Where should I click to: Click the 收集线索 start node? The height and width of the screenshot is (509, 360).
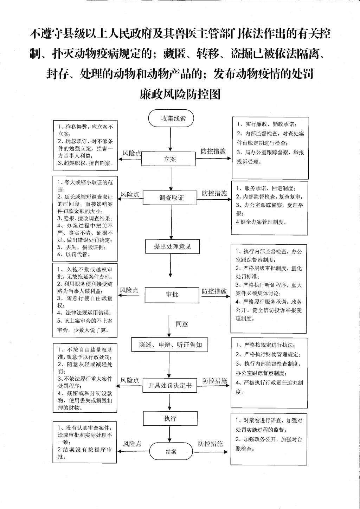(171, 118)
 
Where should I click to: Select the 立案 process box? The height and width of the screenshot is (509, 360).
(168, 159)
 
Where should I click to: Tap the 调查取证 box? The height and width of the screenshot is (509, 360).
(170, 198)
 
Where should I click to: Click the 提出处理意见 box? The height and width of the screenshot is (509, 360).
(172, 246)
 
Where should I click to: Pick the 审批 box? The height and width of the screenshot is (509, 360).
(172, 295)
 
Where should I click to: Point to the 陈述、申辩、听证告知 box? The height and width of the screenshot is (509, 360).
(169, 345)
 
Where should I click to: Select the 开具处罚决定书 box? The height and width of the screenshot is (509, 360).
(170, 385)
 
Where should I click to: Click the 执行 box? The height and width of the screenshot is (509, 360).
(170, 418)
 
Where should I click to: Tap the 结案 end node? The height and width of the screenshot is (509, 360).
(171, 451)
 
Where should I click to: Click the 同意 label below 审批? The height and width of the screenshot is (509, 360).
(182, 324)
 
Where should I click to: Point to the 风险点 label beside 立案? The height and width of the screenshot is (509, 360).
(132, 153)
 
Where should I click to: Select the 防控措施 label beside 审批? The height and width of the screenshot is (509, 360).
(214, 291)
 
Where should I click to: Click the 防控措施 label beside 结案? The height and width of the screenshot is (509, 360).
(210, 443)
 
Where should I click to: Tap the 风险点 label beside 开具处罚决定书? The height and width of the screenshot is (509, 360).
(129, 380)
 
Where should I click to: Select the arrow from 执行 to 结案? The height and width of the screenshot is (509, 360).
(169, 434)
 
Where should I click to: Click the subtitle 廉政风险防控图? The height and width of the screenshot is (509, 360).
(180, 94)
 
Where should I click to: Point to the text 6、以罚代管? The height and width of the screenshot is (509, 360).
(74, 254)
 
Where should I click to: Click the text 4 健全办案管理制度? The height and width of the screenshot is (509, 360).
(261, 222)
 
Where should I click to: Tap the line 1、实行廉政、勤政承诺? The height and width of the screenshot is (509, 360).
(267, 124)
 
